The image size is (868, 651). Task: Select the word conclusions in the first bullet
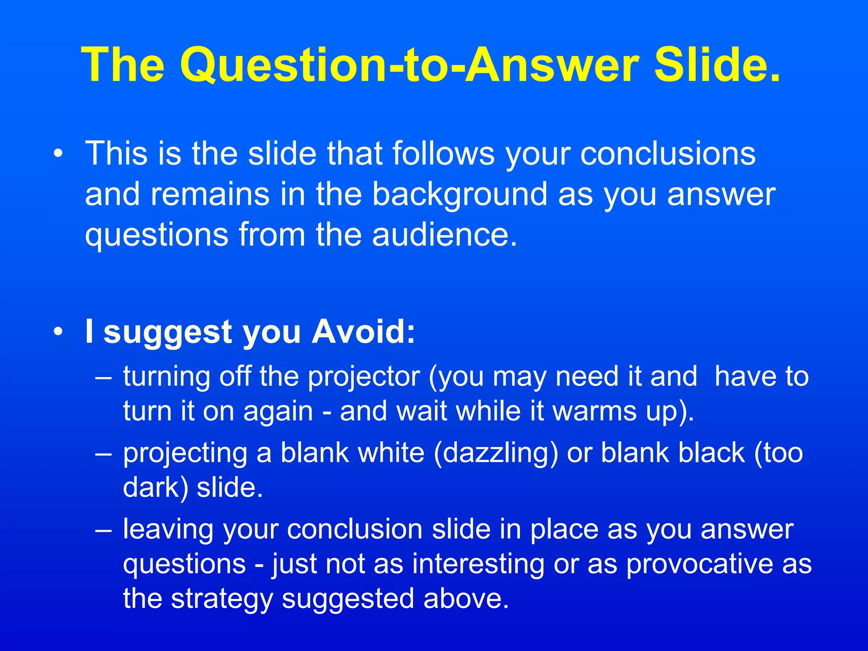coord(668,153)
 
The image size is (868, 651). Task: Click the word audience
coord(445,234)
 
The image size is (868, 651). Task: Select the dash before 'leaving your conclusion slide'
coord(103,530)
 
